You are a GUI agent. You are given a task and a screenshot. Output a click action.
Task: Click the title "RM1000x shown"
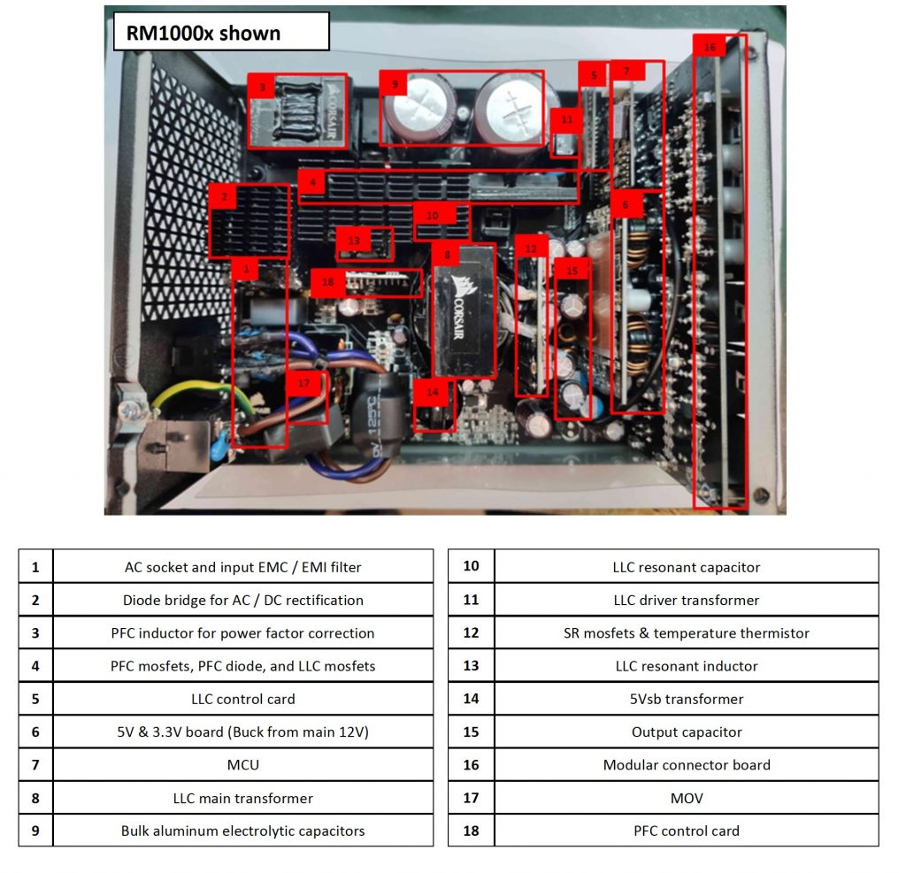tap(203, 34)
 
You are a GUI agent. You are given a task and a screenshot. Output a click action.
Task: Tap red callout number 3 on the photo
tap(262, 87)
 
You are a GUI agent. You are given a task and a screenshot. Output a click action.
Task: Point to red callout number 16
tap(709, 47)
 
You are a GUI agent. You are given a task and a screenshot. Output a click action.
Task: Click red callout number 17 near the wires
tap(304, 383)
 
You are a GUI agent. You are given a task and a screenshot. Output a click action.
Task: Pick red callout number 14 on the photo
tap(432, 391)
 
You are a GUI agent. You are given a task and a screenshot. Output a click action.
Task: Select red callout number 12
tap(530, 249)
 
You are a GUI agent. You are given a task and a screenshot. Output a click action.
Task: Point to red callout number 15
tap(572, 271)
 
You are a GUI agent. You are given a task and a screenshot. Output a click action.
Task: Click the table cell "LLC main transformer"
tap(242, 798)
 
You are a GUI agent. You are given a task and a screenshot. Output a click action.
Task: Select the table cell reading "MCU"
tap(242, 764)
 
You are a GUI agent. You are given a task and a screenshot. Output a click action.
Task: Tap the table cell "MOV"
tap(686, 798)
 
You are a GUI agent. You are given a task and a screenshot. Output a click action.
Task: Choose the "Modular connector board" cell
tap(686, 764)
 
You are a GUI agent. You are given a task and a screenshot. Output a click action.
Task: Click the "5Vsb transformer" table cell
tap(686, 699)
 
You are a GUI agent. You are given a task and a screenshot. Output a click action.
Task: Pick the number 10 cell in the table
tap(471, 566)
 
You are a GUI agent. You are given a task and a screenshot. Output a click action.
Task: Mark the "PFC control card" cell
tap(686, 831)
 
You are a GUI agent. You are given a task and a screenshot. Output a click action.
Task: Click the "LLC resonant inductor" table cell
tap(686, 666)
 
